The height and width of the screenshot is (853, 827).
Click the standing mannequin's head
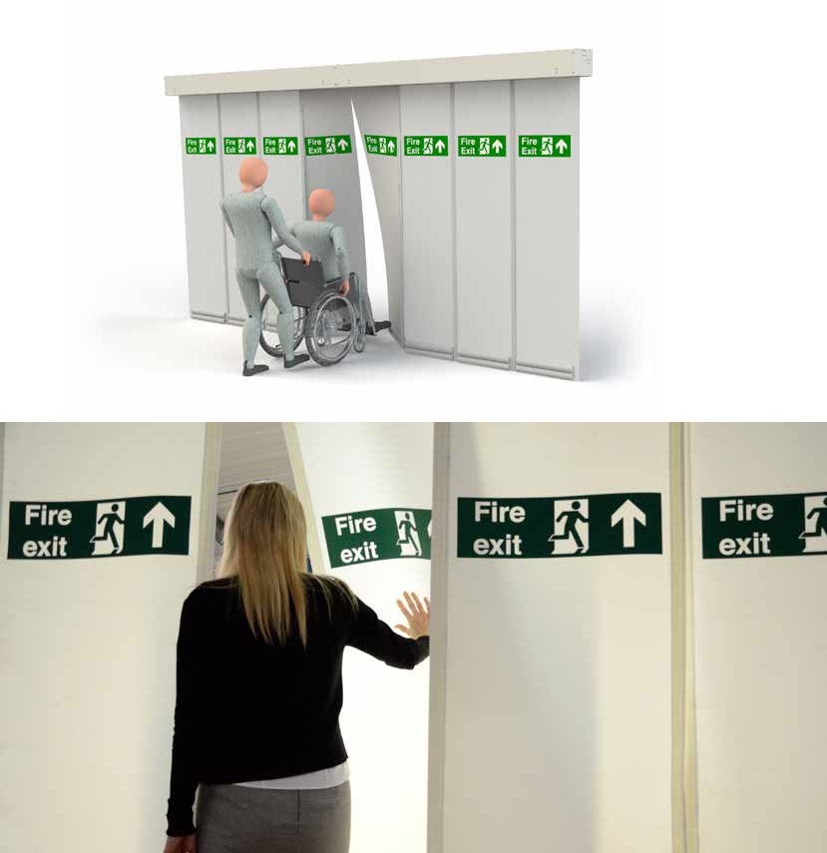pos(253,173)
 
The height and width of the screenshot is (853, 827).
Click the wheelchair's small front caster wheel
pos(360,341)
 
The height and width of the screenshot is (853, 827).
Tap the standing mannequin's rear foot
pos(255,369)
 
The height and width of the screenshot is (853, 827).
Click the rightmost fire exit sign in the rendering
pos(544,146)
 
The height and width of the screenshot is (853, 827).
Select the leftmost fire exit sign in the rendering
pos(201,146)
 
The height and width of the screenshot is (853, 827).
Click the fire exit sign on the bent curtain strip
pos(380,146)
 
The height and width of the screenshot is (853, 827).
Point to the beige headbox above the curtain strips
pos(379,72)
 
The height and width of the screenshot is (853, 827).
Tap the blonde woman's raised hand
pos(413,615)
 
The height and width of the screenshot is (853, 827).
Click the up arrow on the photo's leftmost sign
pos(159,524)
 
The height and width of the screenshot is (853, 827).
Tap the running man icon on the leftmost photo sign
pos(109,528)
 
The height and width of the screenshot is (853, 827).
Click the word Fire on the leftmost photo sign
pos(48,515)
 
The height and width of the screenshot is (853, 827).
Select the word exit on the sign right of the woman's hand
pos(497,545)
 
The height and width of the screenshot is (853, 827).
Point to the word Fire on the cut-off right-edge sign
pos(746,511)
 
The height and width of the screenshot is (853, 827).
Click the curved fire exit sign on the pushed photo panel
pos(376,537)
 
